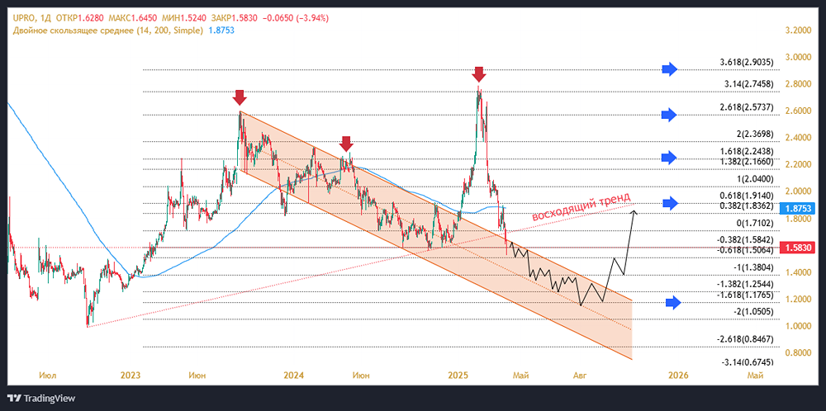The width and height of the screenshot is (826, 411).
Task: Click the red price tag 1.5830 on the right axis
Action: point(796,248)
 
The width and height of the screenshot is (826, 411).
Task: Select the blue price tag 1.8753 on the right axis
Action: point(796,210)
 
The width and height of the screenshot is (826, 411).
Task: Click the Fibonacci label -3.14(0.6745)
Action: point(748,361)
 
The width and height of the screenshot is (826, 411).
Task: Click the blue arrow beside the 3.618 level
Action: point(670,68)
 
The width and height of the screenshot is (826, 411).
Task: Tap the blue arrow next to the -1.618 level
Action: point(674,303)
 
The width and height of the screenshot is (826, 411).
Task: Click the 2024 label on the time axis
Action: point(293,376)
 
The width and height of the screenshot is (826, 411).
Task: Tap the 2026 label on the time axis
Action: point(678,376)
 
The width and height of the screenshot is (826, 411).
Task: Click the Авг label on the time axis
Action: point(581,376)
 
